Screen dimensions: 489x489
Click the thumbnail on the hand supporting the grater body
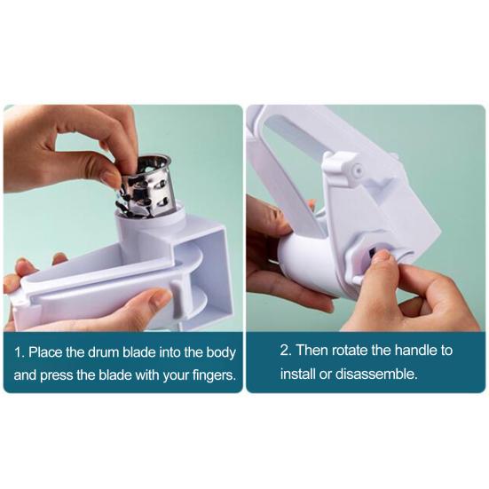[160, 300]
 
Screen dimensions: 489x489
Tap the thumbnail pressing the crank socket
[381, 258]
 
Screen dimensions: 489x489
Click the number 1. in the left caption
[20, 352]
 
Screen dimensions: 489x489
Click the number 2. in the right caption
[287, 350]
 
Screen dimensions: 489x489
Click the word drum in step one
[111, 352]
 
